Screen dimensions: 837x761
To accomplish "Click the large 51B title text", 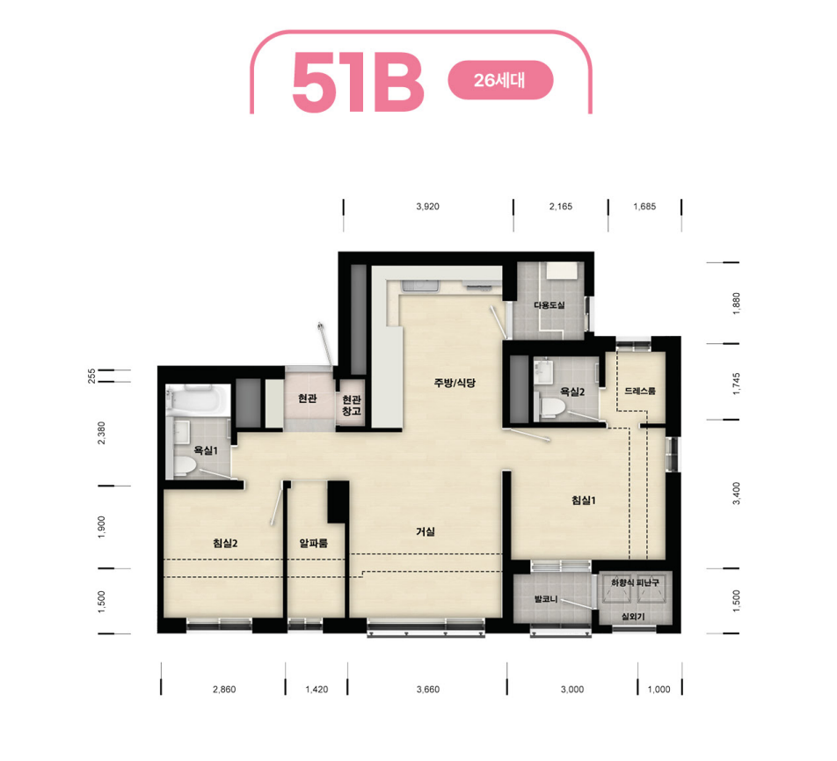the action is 358,82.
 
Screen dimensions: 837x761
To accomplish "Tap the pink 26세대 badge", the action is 500,80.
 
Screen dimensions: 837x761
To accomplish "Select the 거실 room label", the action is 426,531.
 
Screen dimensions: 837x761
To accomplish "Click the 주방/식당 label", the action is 455,383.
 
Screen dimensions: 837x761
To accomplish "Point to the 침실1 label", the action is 584,501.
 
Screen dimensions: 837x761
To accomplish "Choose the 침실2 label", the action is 225,543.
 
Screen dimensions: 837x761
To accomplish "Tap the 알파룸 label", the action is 313,543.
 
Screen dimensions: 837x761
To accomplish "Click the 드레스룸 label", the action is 640,391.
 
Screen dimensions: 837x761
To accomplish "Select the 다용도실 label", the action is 550,305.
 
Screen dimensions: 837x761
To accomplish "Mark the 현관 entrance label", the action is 308,399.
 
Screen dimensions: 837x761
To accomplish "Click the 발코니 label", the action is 546,599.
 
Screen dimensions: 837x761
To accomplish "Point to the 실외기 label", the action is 633,616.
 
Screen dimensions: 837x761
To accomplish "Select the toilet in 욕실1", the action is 184,465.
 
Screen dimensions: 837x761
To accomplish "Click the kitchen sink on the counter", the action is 420,285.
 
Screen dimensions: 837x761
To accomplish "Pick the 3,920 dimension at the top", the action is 428,207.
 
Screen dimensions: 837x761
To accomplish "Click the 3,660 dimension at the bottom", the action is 428,690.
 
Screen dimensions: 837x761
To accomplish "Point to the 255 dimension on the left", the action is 91,376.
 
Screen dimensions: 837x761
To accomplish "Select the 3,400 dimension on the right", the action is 737,494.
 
